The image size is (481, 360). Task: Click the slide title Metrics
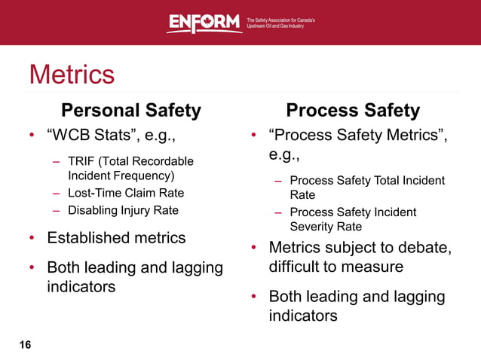72,75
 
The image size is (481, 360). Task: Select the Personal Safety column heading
131,111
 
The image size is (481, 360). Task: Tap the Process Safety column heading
353,111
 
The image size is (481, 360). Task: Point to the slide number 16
26,345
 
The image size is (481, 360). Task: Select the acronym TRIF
81,161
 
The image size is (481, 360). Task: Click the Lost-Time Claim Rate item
126,193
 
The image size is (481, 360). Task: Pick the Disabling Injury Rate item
123,210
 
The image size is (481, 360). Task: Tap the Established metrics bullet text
116,238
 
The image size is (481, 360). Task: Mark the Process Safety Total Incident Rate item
367,188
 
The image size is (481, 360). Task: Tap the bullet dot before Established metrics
32,239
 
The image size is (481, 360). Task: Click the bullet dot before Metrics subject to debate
255,249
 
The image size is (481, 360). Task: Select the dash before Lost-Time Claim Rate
57,193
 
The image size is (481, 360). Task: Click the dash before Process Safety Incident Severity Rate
278,212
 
